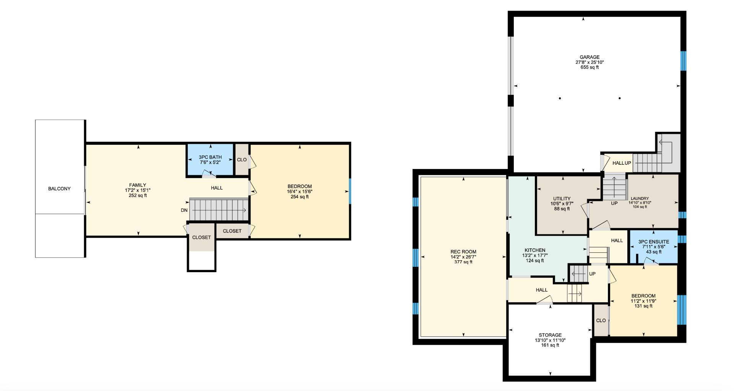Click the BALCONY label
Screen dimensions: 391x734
[x=59, y=189]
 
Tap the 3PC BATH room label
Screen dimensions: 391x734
[x=210, y=157]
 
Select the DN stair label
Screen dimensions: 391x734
[x=184, y=210]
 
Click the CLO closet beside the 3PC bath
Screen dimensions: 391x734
[x=242, y=160]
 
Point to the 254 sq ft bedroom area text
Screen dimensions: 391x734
[x=299, y=197]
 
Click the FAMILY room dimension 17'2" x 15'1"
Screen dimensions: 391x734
[x=138, y=190]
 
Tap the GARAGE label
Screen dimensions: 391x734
[x=589, y=57]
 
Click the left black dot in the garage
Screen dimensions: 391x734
[x=560, y=98]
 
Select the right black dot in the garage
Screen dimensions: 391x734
[x=620, y=98]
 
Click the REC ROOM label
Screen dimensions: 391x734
[x=463, y=252]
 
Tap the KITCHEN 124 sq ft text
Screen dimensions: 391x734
[x=534, y=261]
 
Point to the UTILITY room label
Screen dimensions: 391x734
[x=562, y=199]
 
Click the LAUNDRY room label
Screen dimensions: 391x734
[x=640, y=199]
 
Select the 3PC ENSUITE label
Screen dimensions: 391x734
[x=654, y=242]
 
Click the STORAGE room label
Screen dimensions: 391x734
[x=550, y=335]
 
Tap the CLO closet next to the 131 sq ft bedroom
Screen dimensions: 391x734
[x=601, y=320]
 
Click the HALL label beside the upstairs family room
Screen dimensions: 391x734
[x=217, y=188]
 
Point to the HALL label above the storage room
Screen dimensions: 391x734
[x=541, y=290]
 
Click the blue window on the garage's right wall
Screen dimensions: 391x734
[x=683, y=61]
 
